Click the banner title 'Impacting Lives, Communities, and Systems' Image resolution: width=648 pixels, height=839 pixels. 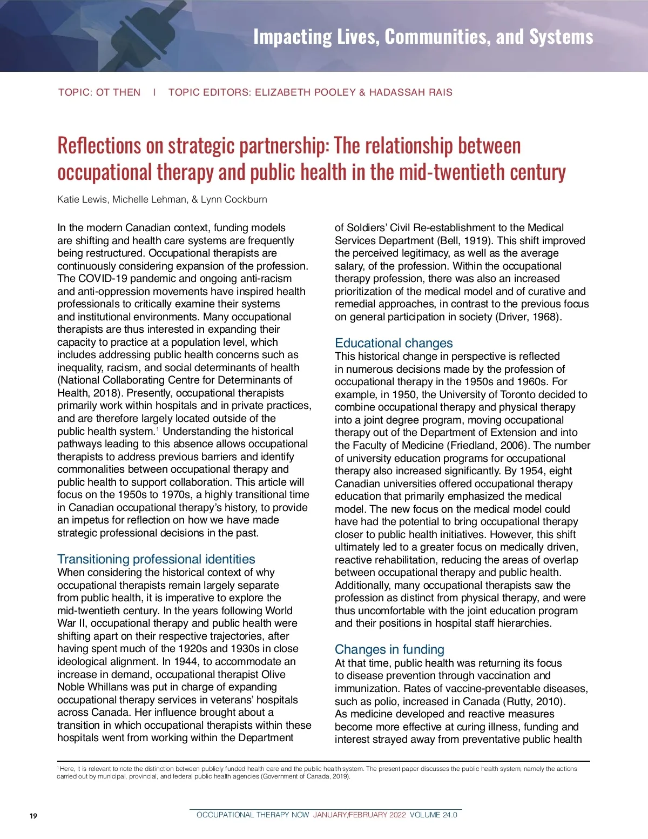point(423,37)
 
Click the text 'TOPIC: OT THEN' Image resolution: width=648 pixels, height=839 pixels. point(99,92)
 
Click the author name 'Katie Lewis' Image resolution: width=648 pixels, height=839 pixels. point(82,199)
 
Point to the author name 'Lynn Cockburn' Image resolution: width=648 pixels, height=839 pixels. point(234,199)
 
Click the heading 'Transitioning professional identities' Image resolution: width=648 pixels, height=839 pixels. point(156,559)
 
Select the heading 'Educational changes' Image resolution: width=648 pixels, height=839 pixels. point(394,343)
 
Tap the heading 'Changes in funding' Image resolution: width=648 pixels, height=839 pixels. point(389,649)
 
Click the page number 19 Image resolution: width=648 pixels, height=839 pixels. point(33,816)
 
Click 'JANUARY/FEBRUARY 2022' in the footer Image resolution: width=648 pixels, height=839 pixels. point(359,815)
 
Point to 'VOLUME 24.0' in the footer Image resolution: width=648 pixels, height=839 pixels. point(433,815)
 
